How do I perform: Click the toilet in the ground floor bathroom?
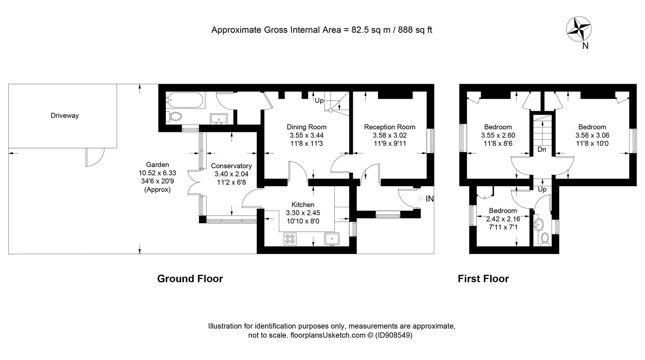click(174, 117)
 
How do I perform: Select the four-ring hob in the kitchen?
click(290, 239)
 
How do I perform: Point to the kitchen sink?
click(332, 239)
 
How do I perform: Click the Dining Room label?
click(306, 127)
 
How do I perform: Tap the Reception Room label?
click(390, 127)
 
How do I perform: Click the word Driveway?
click(64, 116)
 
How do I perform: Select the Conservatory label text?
click(231, 166)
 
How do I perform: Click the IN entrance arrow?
click(421, 199)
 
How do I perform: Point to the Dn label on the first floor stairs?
click(542, 149)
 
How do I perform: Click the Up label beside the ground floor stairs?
click(319, 100)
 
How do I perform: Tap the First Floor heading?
click(483, 279)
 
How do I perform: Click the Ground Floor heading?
click(190, 279)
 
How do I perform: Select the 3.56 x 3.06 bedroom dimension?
click(592, 135)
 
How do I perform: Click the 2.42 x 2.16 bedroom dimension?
click(503, 219)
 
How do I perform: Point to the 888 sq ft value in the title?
click(415, 30)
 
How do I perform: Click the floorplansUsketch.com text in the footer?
click(328, 335)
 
